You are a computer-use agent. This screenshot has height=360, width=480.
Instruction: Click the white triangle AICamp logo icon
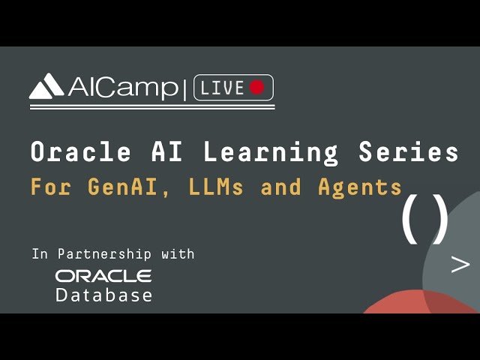coord(46,88)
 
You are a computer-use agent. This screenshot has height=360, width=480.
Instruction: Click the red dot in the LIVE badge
coord(256,88)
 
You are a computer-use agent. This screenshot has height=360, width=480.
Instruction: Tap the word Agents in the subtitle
coord(359,187)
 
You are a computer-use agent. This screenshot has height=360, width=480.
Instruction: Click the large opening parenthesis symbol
coord(409,218)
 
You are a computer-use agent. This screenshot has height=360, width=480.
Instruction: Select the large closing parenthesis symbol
coord(442,218)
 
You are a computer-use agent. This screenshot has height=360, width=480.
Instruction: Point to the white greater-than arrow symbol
coord(460,264)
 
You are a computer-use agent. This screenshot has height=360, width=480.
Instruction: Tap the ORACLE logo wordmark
coord(103,276)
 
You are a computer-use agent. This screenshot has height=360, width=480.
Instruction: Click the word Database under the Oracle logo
coord(103,295)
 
